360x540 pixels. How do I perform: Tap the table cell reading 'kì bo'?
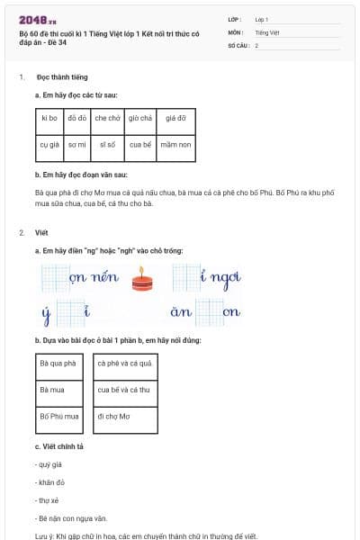(49, 118)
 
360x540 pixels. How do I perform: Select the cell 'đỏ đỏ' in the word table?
(77, 118)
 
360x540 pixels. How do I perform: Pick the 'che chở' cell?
(107, 118)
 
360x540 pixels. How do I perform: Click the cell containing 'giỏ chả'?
(139, 118)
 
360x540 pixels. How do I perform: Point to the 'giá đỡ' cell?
(175, 118)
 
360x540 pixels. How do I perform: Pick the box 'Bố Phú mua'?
(60, 417)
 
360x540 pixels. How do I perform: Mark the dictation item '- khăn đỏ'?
(49, 481)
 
